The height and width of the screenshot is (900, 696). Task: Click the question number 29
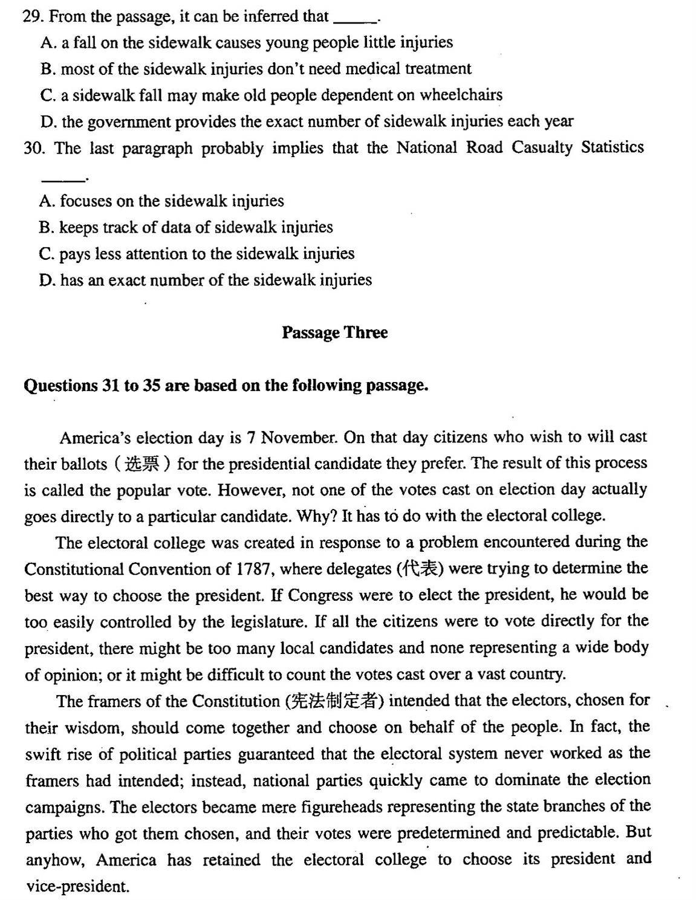(33, 16)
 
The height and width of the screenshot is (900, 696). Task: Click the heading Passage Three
(334, 332)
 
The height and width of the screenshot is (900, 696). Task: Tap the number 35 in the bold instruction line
(151, 386)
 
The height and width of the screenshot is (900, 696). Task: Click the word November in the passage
(300, 437)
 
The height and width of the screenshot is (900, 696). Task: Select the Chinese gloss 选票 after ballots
(142, 464)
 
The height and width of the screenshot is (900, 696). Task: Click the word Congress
(320, 595)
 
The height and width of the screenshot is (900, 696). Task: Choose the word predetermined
(449, 834)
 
